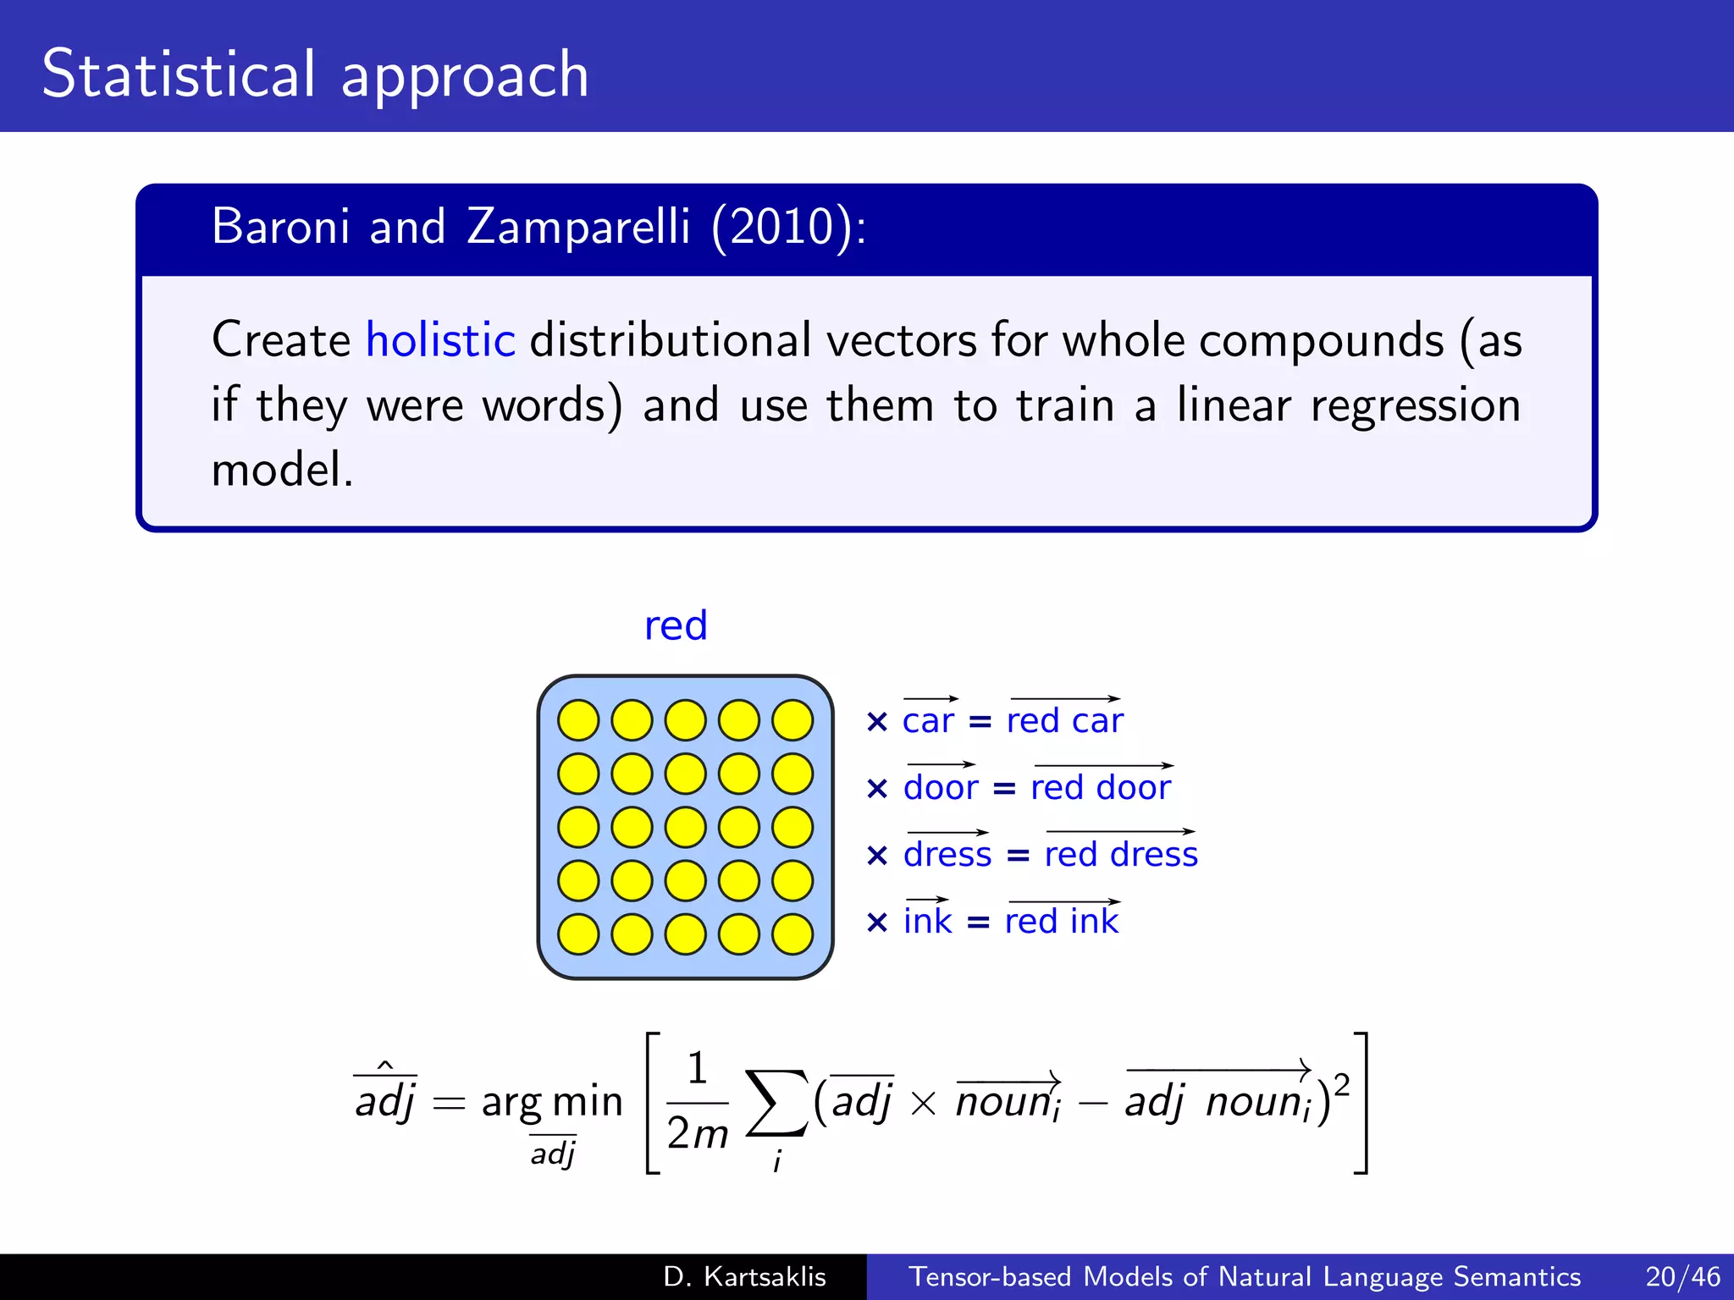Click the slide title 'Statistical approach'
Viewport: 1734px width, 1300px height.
pos(315,74)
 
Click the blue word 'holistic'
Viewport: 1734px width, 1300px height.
pos(440,340)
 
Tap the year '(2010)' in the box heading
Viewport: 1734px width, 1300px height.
pos(782,227)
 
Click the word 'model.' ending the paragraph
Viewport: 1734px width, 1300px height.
pos(282,471)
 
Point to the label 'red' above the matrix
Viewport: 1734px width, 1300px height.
pos(676,626)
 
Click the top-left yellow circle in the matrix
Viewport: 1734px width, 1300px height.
pos(578,720)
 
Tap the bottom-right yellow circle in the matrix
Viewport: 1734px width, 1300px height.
pos(792,934)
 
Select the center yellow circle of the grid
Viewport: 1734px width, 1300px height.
pos(686,827)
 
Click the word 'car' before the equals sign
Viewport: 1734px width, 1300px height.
pos(928,721)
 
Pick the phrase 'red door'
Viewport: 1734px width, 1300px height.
pos(1101,788)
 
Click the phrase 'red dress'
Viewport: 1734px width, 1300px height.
pos(1121,855)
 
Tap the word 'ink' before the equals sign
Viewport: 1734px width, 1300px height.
pos(928,922)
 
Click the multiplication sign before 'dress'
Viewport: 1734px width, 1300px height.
pos(877,856)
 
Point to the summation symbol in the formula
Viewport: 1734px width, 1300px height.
pos(776,1103)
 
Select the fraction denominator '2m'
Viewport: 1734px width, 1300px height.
pos(697,1134)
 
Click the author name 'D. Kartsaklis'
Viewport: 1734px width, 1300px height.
pos(745,1276)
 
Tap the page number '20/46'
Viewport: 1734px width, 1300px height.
pos(1682,1276)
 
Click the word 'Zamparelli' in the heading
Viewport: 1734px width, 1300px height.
pos(578,227)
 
